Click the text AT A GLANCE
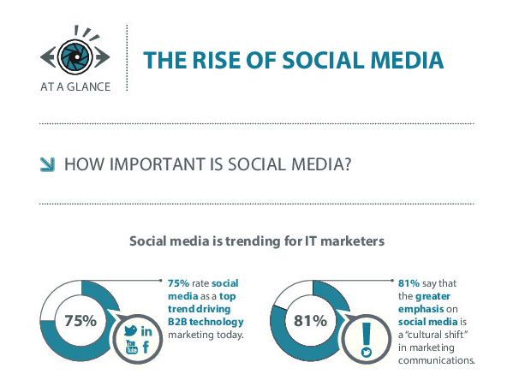(75, 86)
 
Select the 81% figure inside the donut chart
(311, 321)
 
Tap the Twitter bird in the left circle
(130, 330)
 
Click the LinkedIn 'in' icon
(146, 330)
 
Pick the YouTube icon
(131, 347)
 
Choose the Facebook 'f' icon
(146, 347)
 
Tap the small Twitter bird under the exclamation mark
(366, 352)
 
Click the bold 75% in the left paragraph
(179, 282)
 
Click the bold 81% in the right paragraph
(409, 282)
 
